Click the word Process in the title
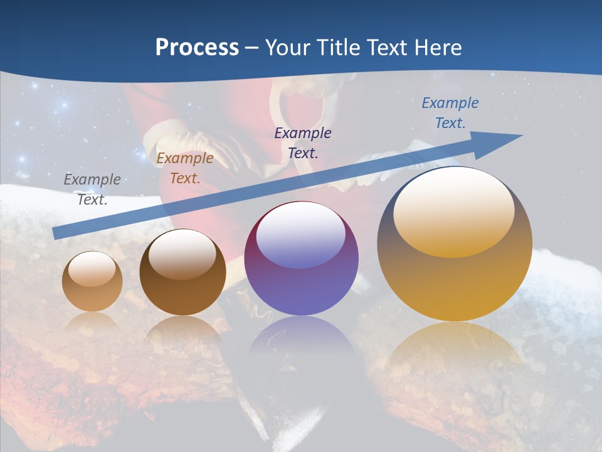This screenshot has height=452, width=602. pos(197,48)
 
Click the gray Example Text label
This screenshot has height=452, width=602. pos(92,189)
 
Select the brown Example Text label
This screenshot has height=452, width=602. pos(184,168)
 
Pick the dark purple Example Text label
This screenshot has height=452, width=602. pos(303,143)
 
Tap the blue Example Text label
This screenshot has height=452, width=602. pos(450,113)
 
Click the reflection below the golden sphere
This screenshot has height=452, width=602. pos(455,352)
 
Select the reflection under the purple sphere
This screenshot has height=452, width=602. pos(301,339)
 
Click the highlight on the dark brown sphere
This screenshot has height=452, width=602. pos(182,254)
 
